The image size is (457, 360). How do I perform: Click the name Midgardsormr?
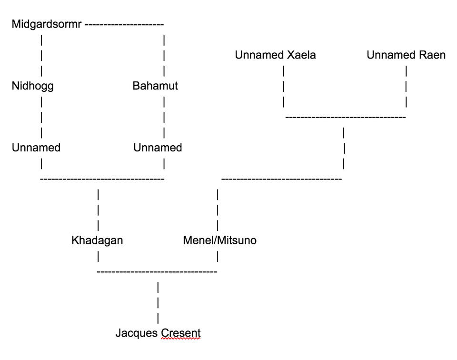coord(46,24)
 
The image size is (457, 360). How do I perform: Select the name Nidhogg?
coord(32,86)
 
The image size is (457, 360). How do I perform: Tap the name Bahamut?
coord(155,86)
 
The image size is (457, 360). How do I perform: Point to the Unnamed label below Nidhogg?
coord(36,148)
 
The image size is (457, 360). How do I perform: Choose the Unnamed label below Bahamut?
coord(158,148)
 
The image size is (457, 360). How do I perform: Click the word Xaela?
coord(301,55)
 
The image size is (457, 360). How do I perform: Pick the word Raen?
coord(433,55)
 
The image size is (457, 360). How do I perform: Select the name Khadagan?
coord(97,240)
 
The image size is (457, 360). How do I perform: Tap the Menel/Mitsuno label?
coord(219,240)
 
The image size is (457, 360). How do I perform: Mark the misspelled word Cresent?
coord(180,333)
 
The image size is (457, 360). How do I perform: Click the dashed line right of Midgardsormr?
coord(124,24)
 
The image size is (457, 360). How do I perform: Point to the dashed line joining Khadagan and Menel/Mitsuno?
coord(157,271)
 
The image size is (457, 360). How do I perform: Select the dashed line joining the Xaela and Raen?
coord(346,117)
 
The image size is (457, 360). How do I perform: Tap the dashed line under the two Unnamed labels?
coord(102,179)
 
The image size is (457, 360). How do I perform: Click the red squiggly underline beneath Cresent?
coord(180,340)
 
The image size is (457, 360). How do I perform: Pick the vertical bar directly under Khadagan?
coord(98,256)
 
